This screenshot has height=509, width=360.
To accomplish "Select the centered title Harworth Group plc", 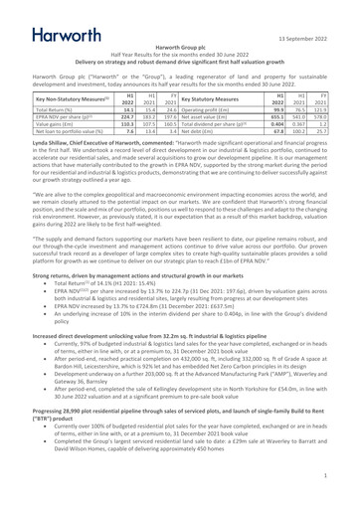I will [x=179, y=47].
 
